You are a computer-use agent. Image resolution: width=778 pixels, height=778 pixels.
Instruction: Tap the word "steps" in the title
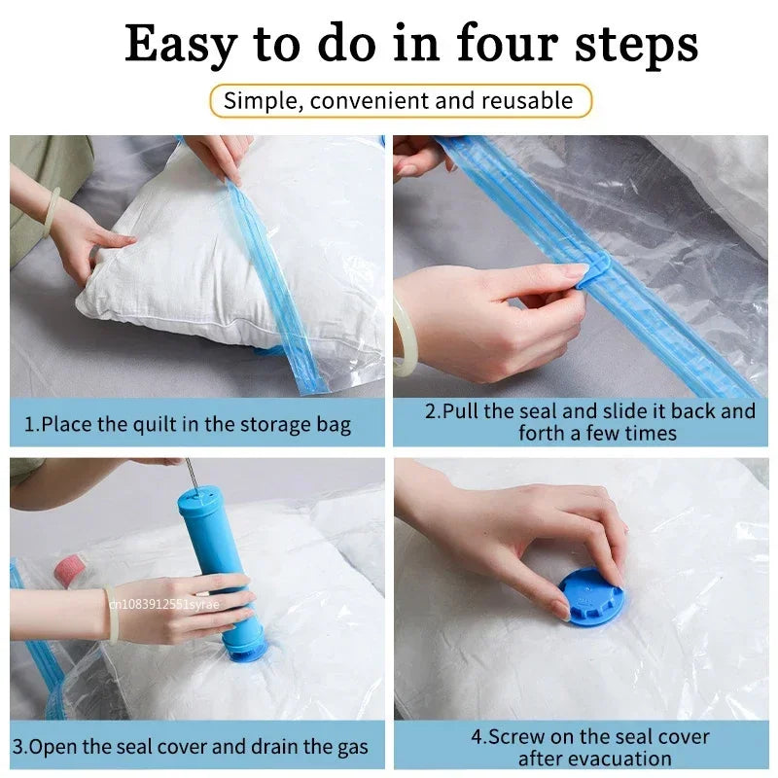point(636,46)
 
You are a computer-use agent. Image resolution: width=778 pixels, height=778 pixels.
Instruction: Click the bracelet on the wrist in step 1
point(50,213)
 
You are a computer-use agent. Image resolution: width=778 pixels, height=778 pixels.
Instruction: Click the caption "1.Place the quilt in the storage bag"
point(189,424)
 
